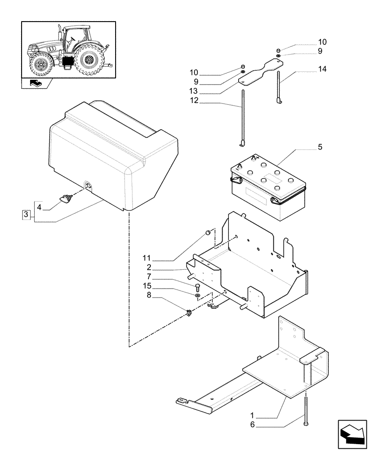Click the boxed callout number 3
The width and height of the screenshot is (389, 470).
26,215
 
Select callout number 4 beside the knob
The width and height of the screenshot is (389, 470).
39,207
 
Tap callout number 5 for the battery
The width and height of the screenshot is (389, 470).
319,147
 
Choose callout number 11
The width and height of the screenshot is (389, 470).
147,258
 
